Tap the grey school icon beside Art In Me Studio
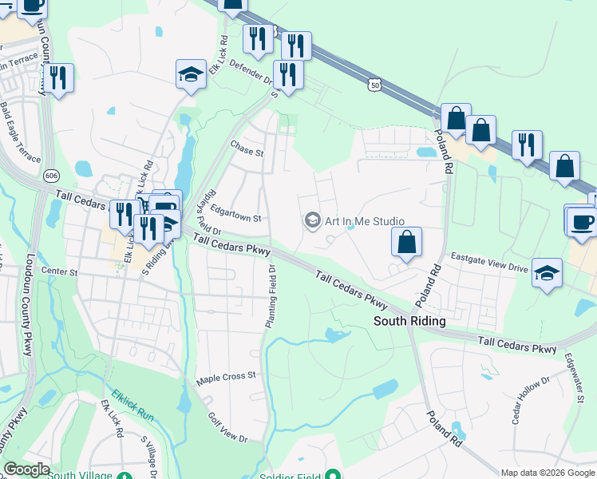312,220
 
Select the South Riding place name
410,321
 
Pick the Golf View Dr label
227,428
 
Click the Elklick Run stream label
132,406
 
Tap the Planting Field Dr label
271,297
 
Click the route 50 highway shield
374,82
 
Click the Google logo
26,469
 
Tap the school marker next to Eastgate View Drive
548,273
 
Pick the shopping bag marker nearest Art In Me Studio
406,243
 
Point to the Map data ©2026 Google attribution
548,473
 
